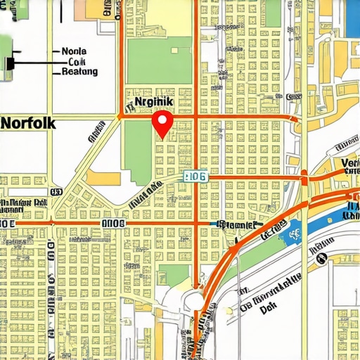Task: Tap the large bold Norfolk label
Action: pos(29,121)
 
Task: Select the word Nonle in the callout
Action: pos(75,51)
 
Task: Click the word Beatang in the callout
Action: pos(79,72)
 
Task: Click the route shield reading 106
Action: pos(194,177)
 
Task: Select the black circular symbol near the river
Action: pos(321,259)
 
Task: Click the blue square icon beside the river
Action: pos(294,229)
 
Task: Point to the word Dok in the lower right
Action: pos(268,308)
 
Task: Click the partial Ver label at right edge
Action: pos(349,163)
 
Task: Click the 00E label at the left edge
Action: pos(7,222)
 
